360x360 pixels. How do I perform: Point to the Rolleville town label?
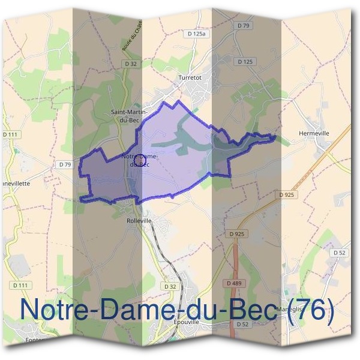[139, 221]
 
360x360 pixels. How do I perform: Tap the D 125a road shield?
[197, 35]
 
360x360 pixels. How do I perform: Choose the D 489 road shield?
[233, 283]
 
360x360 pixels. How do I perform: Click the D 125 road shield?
[245, 61]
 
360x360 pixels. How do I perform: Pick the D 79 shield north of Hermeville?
[242, 26]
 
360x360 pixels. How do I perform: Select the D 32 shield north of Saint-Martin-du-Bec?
[131, 63]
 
